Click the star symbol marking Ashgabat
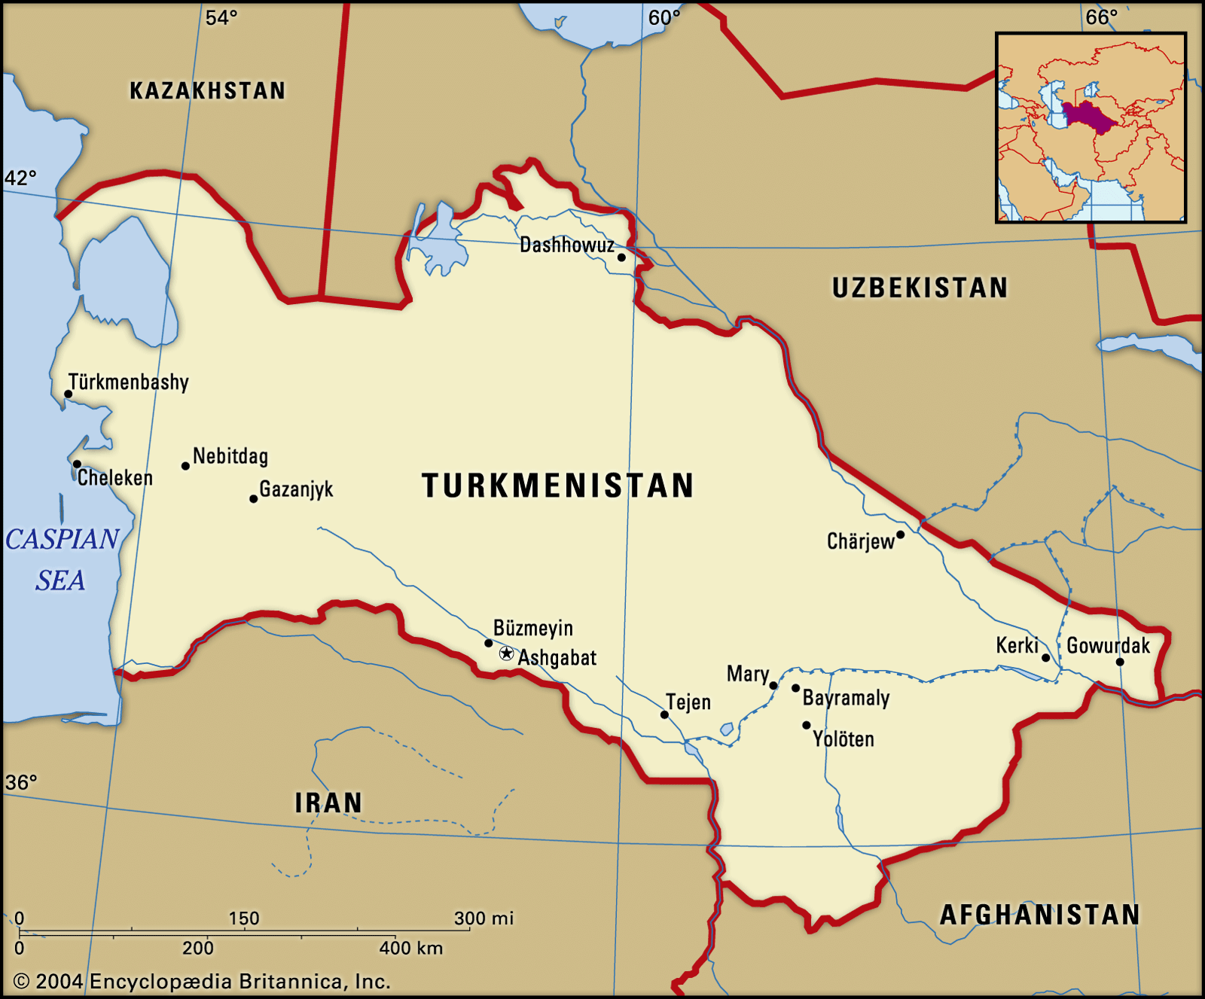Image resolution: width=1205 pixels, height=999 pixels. coord(507,653)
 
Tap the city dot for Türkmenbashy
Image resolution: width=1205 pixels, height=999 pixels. coord(68,394)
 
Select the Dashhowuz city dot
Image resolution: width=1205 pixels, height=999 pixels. coord(621,257)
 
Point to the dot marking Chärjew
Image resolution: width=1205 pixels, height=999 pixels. coord(900,535)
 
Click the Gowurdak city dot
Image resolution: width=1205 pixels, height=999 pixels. coord(1120,662)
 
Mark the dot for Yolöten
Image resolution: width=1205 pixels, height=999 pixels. coord(806,725)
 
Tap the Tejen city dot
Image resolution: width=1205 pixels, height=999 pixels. coord(664,714)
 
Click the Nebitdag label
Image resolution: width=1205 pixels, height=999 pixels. coord(230,456)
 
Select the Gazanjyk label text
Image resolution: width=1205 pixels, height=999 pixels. coord(296,489)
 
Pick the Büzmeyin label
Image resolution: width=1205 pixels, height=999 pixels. coord(533,628)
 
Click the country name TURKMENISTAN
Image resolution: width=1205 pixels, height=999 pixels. coord(558,486)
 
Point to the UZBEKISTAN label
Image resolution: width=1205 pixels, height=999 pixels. coord(920,288)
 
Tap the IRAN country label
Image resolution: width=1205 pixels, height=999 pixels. coord(328,803)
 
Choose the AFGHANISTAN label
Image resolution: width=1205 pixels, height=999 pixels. coord(1039,915)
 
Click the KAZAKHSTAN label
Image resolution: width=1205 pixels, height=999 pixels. coord(208,91)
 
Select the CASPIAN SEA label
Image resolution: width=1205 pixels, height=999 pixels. coord(62,559)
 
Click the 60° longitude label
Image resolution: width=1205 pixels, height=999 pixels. coord(664,17)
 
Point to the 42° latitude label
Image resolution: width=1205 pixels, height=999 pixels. coord(20,178)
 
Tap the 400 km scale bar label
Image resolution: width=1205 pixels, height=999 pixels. coord(410,949)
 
